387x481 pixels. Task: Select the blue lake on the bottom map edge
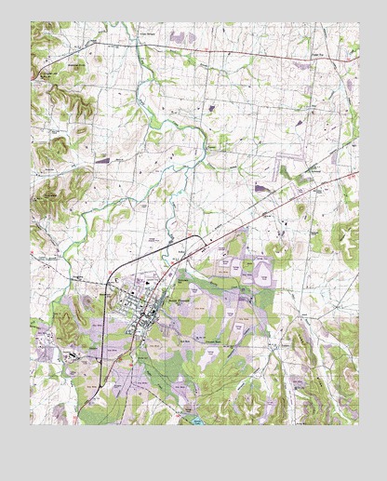click(197, 421)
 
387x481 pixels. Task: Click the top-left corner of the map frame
click(31, 22)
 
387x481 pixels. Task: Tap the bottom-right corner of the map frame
click(358, 424)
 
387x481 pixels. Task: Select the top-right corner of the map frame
click(358, 22)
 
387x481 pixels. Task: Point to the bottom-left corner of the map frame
click(31, 424)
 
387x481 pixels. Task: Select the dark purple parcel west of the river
click(101, 160)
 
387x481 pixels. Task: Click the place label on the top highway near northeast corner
click(316, 57)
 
